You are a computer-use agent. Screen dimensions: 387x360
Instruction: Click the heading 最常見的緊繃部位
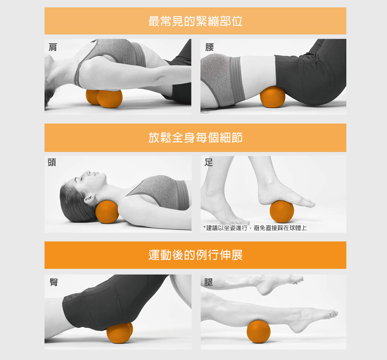click(x=195, y=21)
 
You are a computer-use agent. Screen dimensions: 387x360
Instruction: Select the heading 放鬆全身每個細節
click(x=195, y=138)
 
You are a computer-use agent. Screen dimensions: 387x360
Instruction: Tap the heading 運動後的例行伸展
click(x=195, y=255)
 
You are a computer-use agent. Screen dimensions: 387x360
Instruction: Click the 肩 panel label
click(x=53, y=47)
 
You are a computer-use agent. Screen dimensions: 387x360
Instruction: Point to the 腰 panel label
click(x=209, y=47)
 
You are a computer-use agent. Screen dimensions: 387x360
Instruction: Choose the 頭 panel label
click(x=52, y=162)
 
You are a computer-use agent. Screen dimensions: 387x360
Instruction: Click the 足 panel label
click(x=209, y=162)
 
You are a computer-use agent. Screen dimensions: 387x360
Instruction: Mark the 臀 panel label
click(x=54, y=282)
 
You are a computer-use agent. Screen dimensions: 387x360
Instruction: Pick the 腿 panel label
click(x=209, y=282)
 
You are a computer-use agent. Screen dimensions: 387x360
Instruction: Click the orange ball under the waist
click(x=272, y=97)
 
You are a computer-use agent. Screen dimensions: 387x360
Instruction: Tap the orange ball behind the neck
click(x=107, y=212)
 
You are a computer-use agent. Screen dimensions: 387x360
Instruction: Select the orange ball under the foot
click(x=282, y=212)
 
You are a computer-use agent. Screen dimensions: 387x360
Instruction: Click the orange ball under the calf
click(x=259, y=332)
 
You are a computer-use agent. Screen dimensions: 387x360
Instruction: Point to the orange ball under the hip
click(x=120, y=333)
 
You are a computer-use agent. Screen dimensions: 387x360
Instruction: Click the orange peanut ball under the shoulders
click(x=104, y=99)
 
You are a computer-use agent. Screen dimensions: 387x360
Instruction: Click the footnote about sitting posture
click(x=255, y=228)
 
